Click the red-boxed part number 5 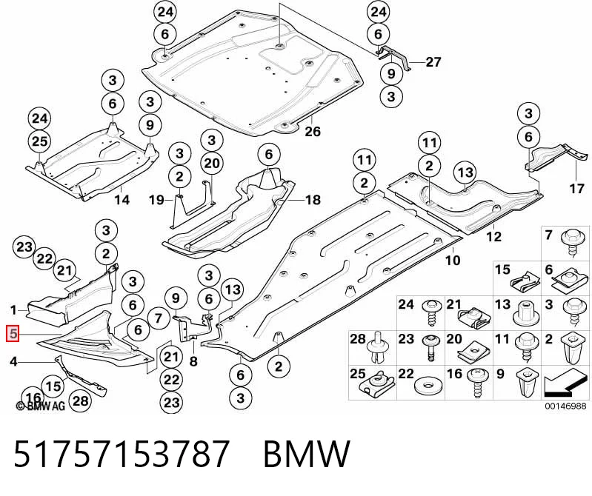[13, 334]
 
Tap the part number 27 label [433, 62]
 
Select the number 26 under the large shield [312, 131]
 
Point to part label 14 [122, 200]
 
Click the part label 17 [576, 188]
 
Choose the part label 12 [493, 236]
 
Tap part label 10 [453, 260]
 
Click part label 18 [313, 200]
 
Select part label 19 [156, 200]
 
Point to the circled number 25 [40, 141]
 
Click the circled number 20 [212, 164]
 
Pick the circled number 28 [81, 401]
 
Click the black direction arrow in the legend [565, 384]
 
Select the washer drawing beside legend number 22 [428, 386]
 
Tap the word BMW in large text [307, 453]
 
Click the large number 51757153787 [122, 453]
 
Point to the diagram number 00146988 [565, 406]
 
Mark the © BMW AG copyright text [41, 406]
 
